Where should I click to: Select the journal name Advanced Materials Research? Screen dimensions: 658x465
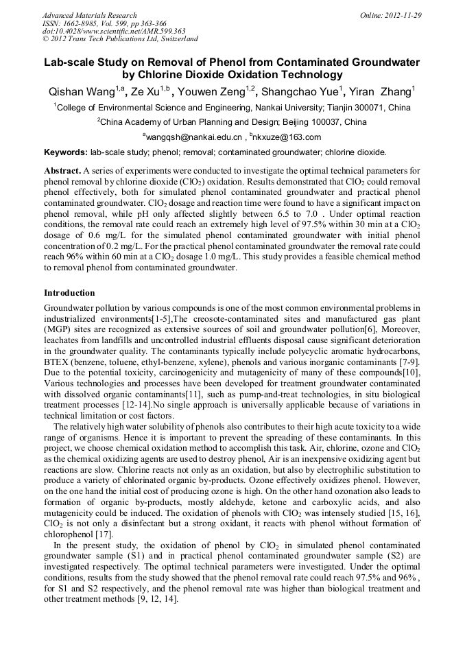point(89,15)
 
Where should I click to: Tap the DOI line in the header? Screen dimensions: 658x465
point(114,32)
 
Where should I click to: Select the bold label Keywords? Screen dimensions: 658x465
point(65,152)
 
